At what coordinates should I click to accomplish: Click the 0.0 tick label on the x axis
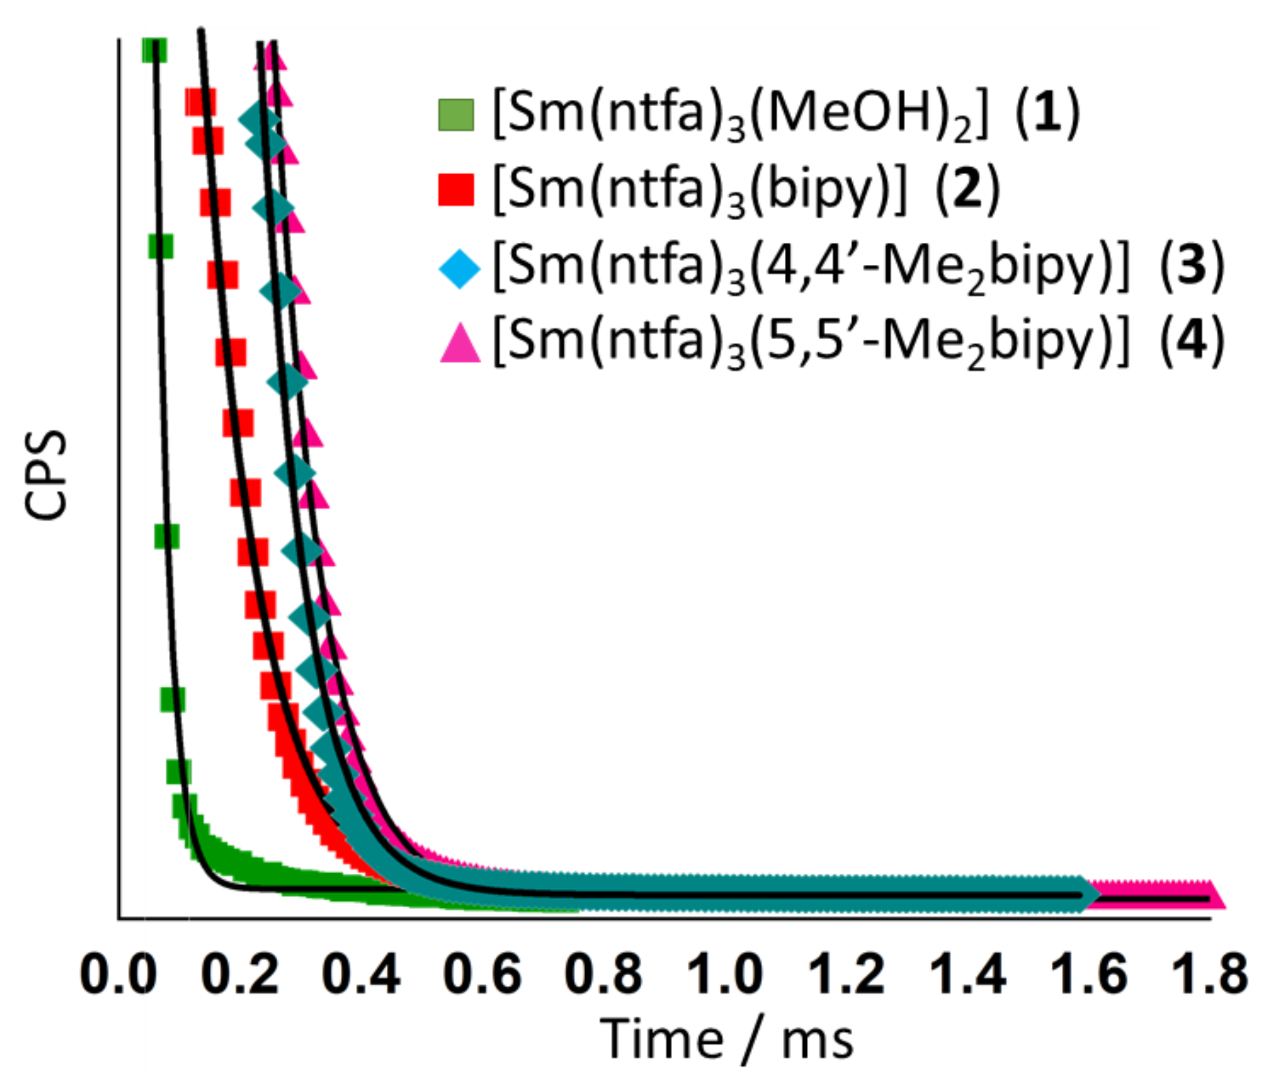pos(118,975)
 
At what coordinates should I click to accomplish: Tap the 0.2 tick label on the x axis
pos(240,975)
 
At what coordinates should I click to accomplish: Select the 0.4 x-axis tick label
pos(361,975)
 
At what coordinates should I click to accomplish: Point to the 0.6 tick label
pos(482,975)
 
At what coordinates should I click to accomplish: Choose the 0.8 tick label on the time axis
pos(603,975)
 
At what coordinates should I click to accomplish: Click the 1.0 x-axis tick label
pos(724,975)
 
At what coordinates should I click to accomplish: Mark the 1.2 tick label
pos(845,975)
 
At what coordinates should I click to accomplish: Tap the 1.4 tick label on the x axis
pos(967,975)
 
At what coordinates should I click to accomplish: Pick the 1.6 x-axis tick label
pos(1088,975)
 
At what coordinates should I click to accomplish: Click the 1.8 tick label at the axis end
pos(1209,975)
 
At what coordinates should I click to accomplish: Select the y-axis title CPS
pos(46,475)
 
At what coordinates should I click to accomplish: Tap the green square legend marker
pos(456,115)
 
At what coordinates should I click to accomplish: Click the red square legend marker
pos(456,189)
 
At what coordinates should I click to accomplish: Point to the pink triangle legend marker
pos(460,344)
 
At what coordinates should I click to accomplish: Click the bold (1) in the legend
pos(1046,114)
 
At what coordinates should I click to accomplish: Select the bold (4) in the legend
pos(1191,341)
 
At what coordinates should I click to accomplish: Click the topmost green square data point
pos(154,50)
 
